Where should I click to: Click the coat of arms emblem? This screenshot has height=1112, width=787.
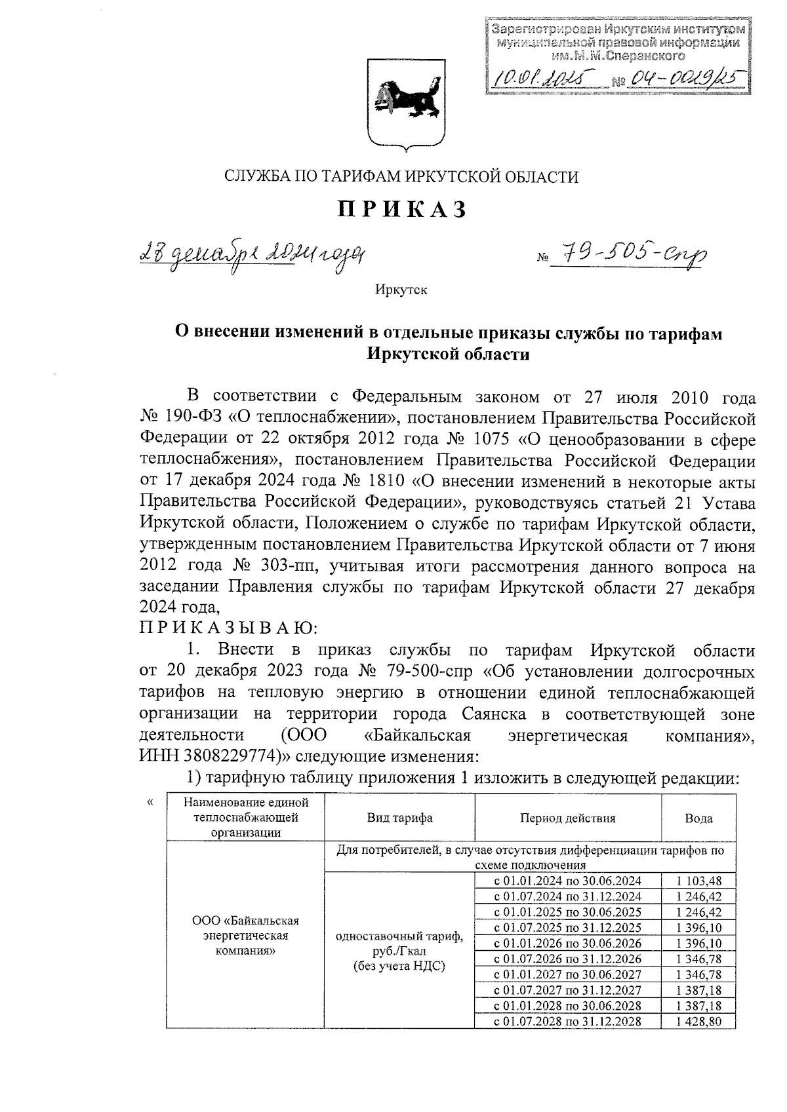pyautogui.click(x=402, y=103)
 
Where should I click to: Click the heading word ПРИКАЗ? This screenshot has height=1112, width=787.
pyautogui.click(x=402, y=209)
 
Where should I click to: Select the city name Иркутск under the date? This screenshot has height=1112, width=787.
pyautogui.click(x=401, y=290)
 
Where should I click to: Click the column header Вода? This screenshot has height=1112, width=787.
pyautogui.click(x=698, y=818)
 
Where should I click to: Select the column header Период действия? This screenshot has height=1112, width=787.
pyautogui.click(x=567, y=818)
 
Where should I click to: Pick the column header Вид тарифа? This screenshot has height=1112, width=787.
pyautogui.click(x=399, y=818)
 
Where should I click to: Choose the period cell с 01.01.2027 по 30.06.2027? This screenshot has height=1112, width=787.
pyautogui.click(x=567, y=975)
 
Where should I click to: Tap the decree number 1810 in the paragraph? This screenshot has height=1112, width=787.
pyautogui.click(x=385, y=482)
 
